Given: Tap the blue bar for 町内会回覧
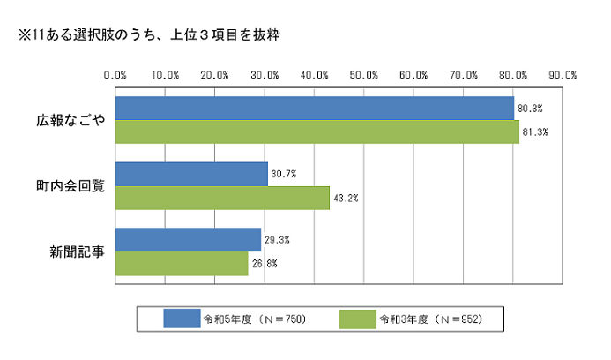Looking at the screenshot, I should (x=191, y=174).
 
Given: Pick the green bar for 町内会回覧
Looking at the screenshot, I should (x=222, y=198).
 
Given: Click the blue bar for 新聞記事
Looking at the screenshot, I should (x=188, y=240).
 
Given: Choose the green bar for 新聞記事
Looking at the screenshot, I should (x=182, y=263).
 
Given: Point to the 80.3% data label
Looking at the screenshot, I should (x=530, y=108).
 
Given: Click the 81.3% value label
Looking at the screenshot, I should (x=535, y=131).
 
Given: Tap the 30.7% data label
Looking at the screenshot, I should (x=283, y=174).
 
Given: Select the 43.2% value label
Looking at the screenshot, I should (x=345, y=198).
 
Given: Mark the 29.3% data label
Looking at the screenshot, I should (x=276, y=240).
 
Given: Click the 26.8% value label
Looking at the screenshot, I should (x=264, y=263).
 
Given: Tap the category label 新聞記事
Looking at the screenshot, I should (x=77, y=251).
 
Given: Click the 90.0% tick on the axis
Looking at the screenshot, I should (x=564, y=74).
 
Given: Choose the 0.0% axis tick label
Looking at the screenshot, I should (x=115, y=74).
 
